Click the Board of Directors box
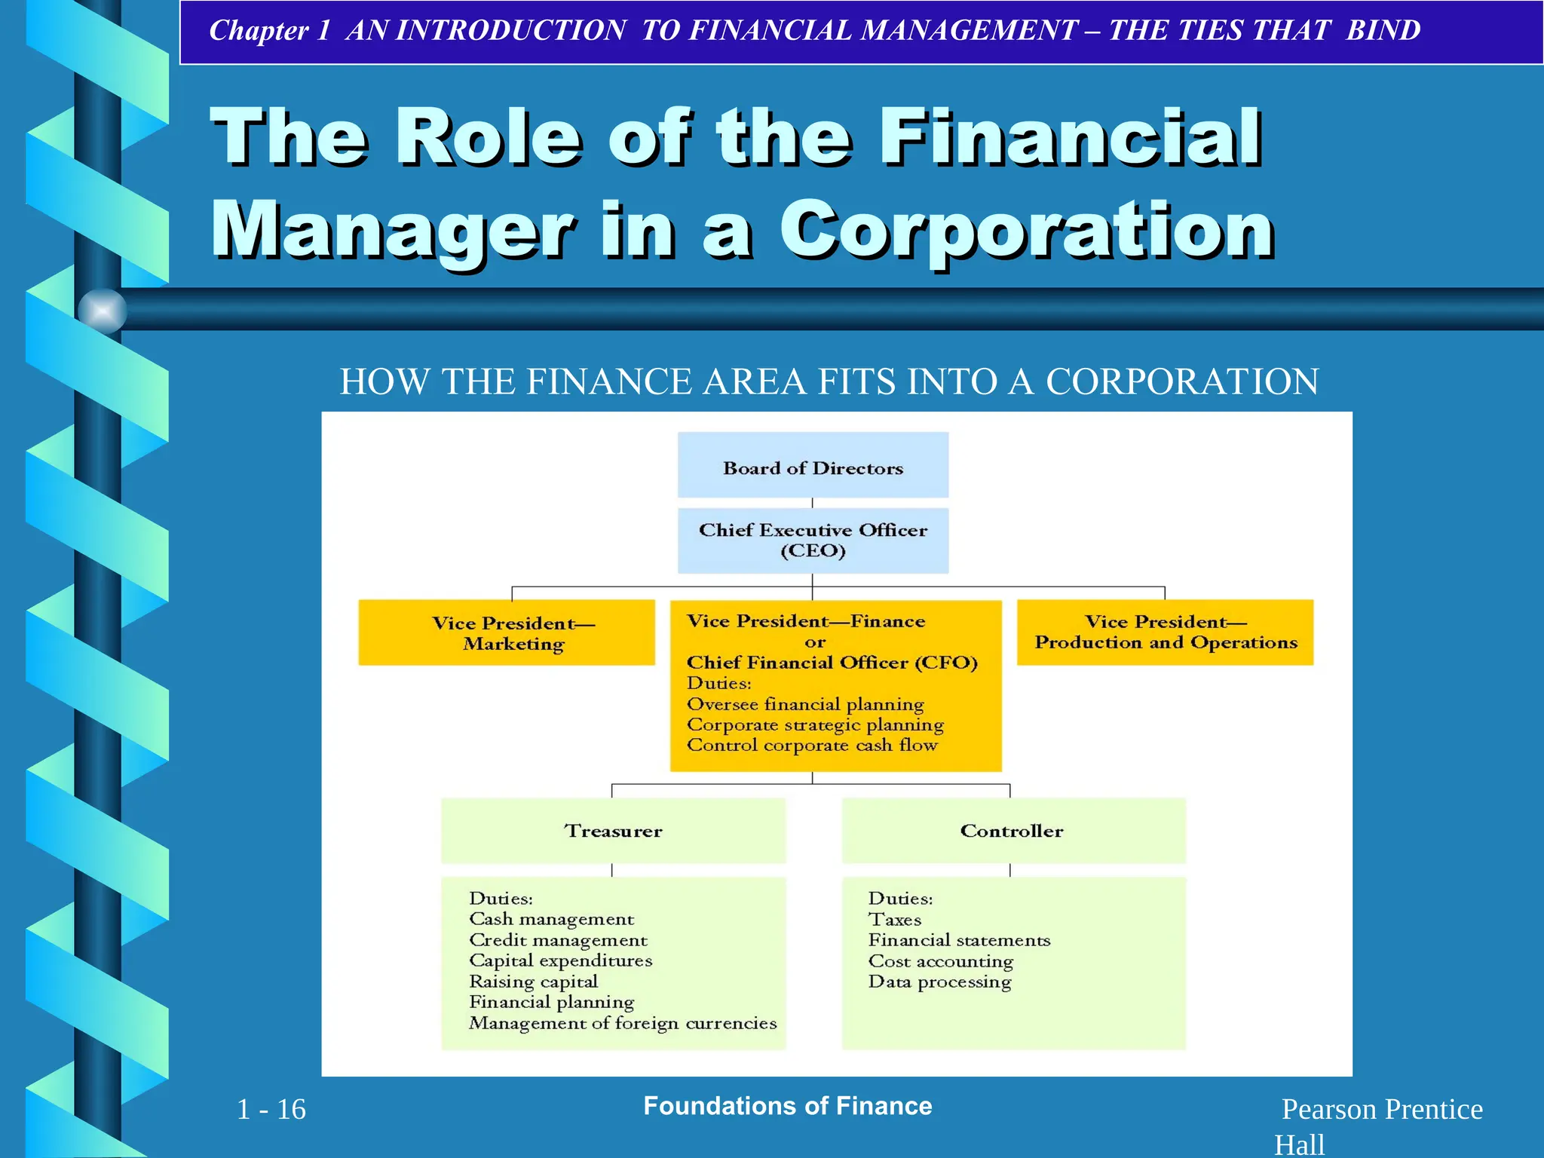tap(813, 465)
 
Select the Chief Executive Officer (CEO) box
tap(813, 541)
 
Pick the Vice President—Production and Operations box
tap(1165, 633)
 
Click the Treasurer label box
tap(613, 831)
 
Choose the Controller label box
tap(1012, 831)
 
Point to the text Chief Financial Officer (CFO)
tap(832, 663)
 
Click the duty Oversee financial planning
tap(805, 704)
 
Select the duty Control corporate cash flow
tap(812, 746)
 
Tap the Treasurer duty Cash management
tap(551, 919)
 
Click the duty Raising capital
tap(533, 982)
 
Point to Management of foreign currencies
tap(623, 1023)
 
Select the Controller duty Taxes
tap(895, 920)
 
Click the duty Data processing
tap(939, 982)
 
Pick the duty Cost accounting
tap(941, 961)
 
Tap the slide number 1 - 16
tap(271, 1109)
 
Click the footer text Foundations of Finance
tap(788, 1106)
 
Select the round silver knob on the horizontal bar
tap(103, 311)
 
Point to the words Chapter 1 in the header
tap(269, 30)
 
